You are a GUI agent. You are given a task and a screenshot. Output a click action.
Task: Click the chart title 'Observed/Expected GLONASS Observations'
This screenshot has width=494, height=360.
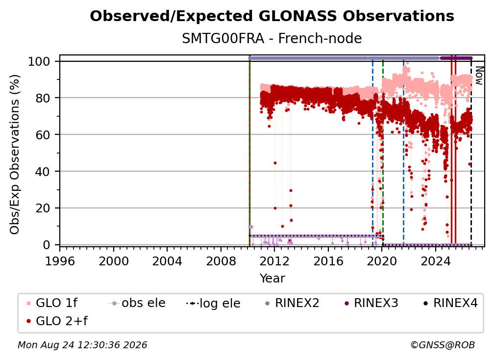tap(272, 16)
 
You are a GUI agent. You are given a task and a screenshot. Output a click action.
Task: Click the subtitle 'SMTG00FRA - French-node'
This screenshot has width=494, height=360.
tap(272, 38)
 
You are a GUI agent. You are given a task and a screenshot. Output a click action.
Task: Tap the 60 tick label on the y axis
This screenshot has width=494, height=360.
tap(43, 135)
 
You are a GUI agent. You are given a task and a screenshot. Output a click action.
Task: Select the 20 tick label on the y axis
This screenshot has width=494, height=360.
tap(43, 208)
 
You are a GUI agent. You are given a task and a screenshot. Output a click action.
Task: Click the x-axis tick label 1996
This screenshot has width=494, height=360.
tap(60, 261)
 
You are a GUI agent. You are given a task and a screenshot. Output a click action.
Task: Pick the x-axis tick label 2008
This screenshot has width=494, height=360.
tap(221, 261)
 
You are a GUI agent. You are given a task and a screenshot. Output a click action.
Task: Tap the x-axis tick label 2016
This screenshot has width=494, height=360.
tap(328, 261)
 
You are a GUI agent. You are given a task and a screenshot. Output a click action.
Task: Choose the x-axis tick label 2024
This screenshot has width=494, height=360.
tap(435, 261)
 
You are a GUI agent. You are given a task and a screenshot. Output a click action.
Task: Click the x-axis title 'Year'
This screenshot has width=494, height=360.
tap(272, 279)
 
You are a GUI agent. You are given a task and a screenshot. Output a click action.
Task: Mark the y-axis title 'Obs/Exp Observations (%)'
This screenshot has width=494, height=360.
tap(15, 154)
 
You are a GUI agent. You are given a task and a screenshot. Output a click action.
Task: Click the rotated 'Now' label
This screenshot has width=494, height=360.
tap(479, 76)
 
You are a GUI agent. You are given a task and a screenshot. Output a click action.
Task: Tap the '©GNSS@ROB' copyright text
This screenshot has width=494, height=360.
tap(443, 345)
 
